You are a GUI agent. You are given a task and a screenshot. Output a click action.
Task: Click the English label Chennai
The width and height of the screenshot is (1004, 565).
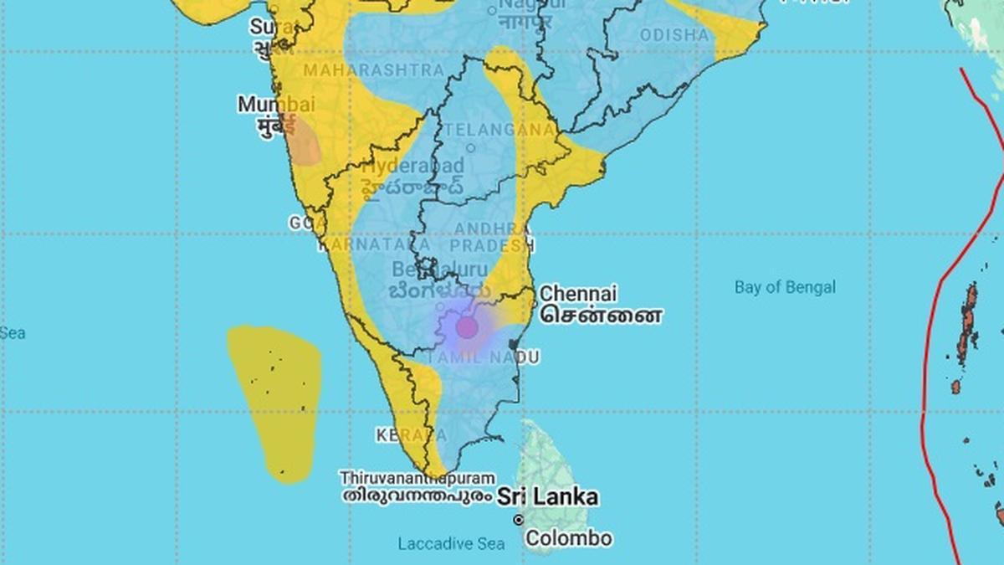[x=578, y=294]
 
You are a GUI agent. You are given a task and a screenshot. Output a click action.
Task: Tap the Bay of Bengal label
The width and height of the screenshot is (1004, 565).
[x=785, y=287]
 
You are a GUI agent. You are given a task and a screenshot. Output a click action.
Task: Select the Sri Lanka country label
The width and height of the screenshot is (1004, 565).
[x=548, y=496]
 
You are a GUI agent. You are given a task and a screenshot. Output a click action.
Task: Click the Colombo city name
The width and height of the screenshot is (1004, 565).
[x=569, y=537]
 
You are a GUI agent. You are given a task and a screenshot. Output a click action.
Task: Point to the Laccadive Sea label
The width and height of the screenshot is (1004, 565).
[x=451, y=544]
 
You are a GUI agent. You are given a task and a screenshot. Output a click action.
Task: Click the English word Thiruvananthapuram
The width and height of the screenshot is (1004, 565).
[x=416, y=478]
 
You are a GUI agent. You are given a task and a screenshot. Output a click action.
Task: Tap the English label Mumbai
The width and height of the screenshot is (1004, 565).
[x=276, y=105]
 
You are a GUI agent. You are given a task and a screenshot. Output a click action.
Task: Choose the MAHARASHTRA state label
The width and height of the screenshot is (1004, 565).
[x=373, y=69]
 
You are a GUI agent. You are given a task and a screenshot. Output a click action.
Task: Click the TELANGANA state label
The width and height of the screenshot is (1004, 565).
[x=500, y=130]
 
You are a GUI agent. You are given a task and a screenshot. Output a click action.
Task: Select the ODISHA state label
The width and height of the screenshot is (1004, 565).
[x=674, y=35]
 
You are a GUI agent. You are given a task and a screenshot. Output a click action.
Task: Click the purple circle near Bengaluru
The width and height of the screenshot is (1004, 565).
[x=466, y=327]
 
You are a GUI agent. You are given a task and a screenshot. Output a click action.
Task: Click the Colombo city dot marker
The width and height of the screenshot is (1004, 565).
[x=519, y=520]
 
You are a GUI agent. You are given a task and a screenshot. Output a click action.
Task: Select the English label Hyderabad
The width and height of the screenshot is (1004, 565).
[x=413, y=165]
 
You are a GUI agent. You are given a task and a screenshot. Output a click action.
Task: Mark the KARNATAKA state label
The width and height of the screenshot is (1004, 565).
[x=374, y=244]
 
